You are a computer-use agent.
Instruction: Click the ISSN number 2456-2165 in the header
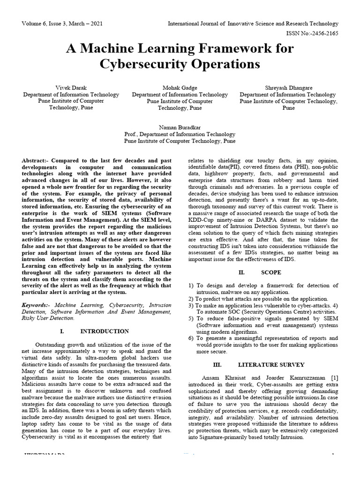324,33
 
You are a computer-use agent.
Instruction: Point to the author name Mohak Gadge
180,88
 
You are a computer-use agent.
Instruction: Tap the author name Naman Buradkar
180,127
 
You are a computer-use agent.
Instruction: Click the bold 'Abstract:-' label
36,161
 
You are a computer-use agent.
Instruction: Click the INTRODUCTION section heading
105,331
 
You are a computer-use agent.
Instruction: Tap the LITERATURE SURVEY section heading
271,364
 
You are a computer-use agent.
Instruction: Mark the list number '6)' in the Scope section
191,338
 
